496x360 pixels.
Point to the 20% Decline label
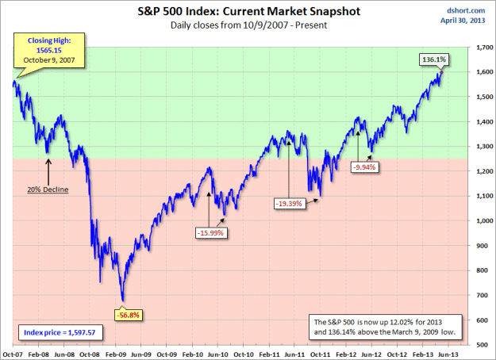click(49, 190)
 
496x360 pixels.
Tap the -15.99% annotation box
click(210, 232)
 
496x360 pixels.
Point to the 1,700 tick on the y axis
click(479, 48)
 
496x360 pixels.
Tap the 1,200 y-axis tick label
click(479, 171)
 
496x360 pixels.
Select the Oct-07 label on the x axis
click(13, 354)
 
